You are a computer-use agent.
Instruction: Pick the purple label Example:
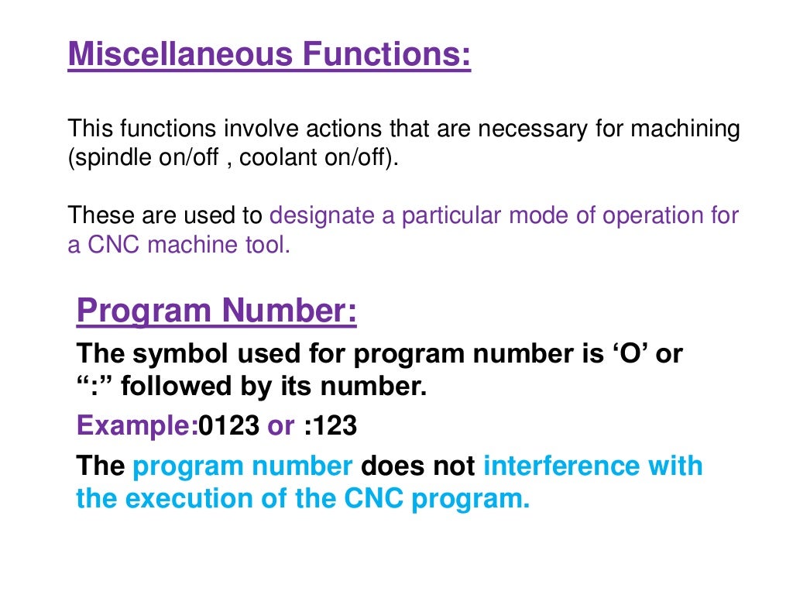(137, 426)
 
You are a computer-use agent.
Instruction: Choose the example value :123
(330, 426)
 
